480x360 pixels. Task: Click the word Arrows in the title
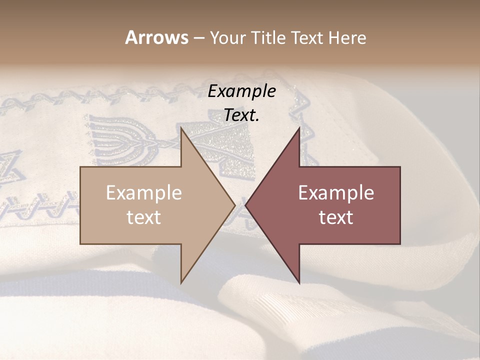click(x=156, y=37)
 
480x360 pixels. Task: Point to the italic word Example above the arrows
click(x=241, y=91)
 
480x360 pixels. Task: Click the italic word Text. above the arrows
click(x=241, y=115)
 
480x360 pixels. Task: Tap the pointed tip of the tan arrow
click(x=234, y=205)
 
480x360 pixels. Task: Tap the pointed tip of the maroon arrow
click(x=246, y=205)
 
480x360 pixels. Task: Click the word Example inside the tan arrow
click(x=144, y=193)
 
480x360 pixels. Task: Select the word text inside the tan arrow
click(x=144, y=217)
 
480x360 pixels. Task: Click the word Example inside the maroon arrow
click(x=336, y=193)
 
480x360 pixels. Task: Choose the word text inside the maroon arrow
click(x=336, y=217)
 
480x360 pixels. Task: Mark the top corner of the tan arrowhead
click(x=181, y=128)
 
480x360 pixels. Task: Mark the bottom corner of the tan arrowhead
click(x=181, y=282)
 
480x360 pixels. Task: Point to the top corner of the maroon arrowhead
click(x=299, y=128)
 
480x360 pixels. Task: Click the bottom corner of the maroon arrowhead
click(x=299, y=282)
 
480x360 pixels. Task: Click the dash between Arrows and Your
click(x=198, y=38)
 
